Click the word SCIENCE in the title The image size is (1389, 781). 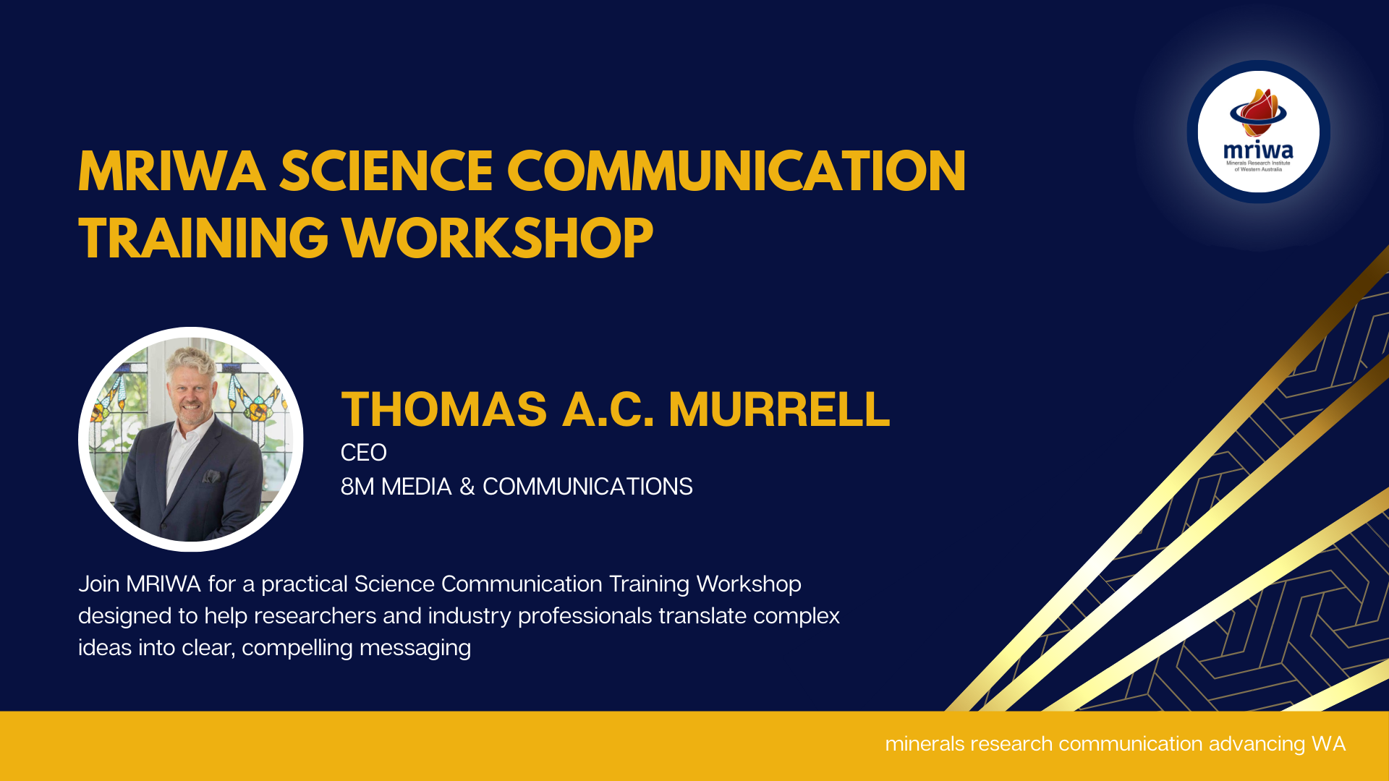386,171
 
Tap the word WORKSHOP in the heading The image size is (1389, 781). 498,238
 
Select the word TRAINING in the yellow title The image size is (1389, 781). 203,238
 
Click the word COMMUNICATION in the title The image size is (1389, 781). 736,171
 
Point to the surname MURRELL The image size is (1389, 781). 779,409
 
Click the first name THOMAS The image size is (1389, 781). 444,409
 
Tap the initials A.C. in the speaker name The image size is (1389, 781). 608,409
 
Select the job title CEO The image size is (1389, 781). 364,453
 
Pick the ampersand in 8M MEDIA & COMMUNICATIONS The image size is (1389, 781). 467,487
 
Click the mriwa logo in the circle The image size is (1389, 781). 1259,131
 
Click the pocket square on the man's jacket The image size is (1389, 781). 211,477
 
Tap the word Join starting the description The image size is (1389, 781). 99,584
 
